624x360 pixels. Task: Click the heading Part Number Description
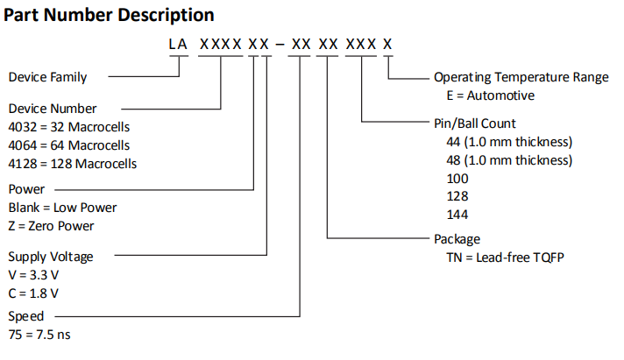110,15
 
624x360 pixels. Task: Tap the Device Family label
47,77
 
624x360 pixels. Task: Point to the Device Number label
52,109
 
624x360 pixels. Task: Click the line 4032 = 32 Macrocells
68,127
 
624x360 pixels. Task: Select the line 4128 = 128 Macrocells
72,163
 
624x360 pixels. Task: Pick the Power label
26,189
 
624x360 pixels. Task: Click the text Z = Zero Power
51,226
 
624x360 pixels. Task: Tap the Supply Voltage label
51,257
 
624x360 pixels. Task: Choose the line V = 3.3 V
34,275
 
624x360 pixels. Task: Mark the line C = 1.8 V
34,293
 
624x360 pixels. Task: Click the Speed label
26,316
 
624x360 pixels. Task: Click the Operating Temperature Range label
521,77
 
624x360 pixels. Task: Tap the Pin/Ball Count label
475,124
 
